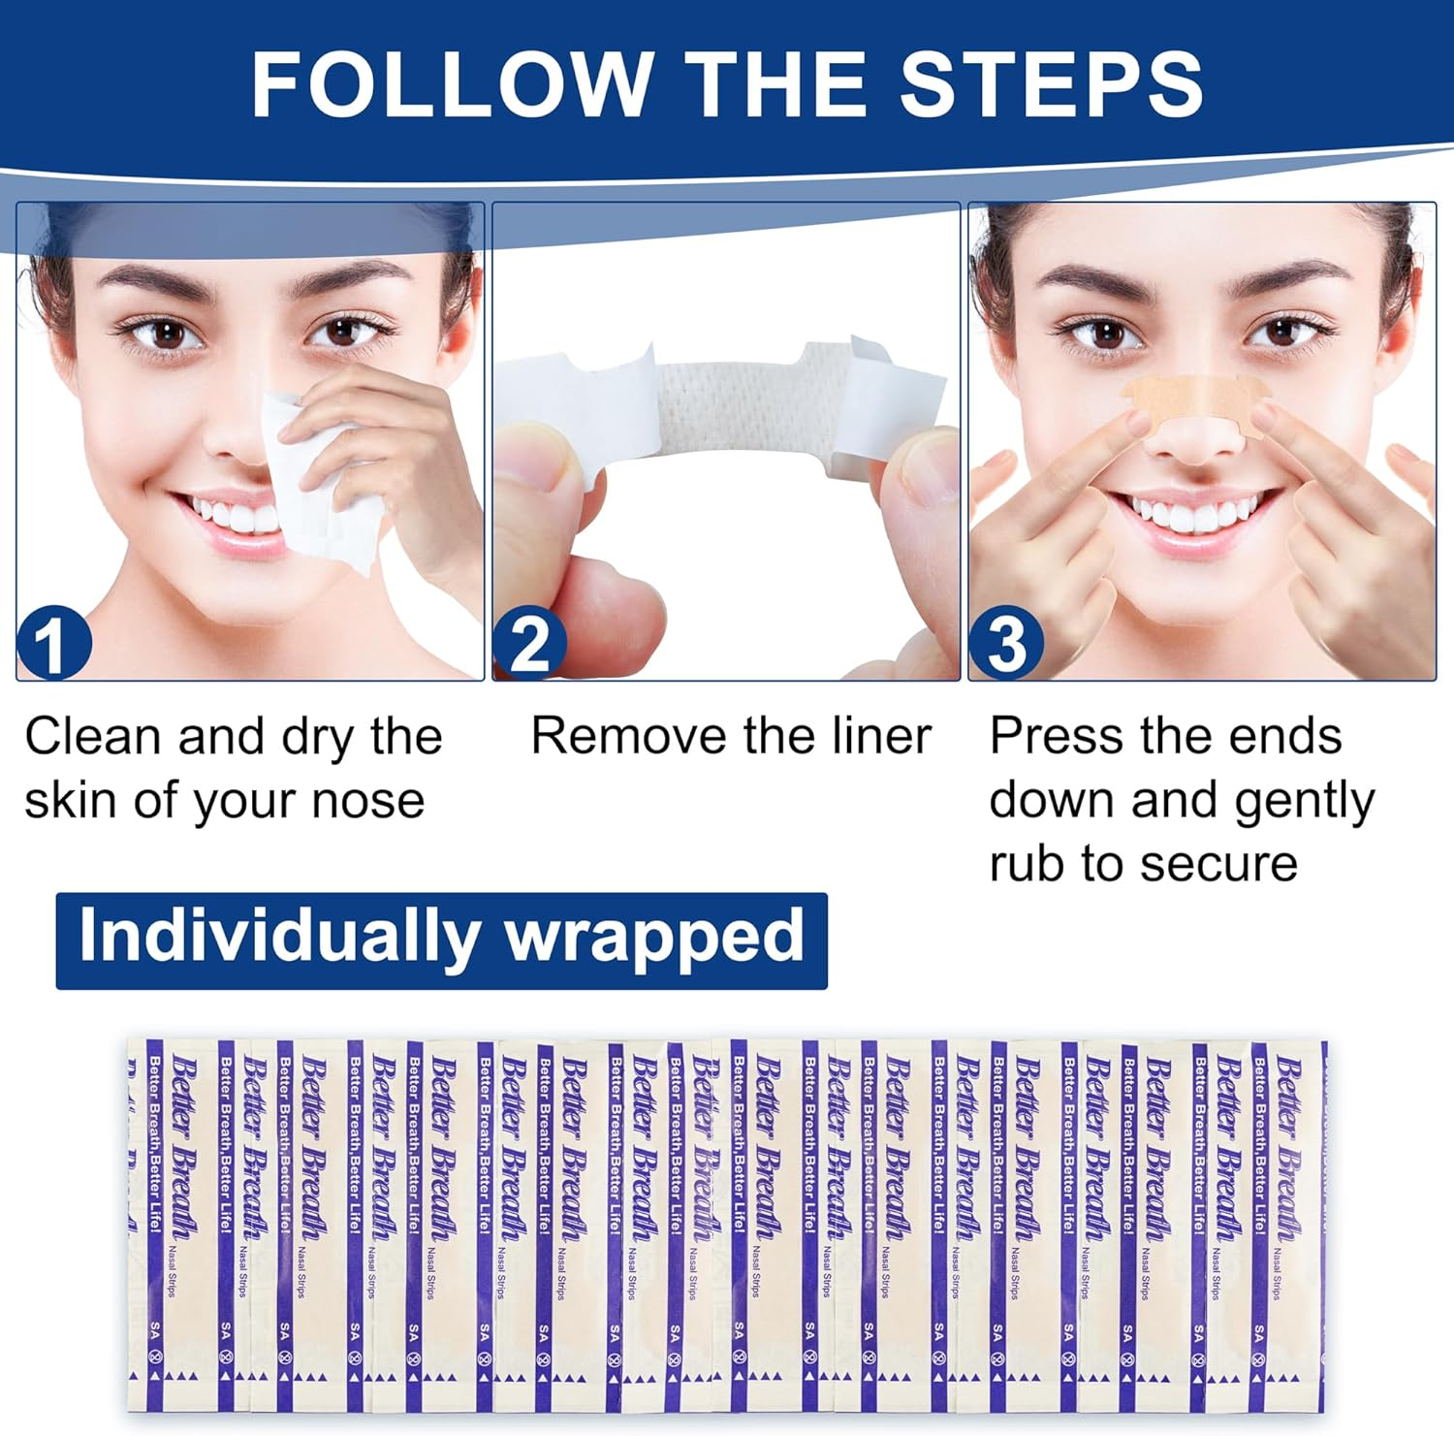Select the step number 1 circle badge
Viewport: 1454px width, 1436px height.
click(x=54, y=643)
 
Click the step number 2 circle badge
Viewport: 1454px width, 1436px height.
click(x=529, y=643)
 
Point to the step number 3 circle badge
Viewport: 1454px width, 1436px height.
click(x=1006, y=643)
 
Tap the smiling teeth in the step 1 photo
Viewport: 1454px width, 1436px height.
click(x=233, y=512)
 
